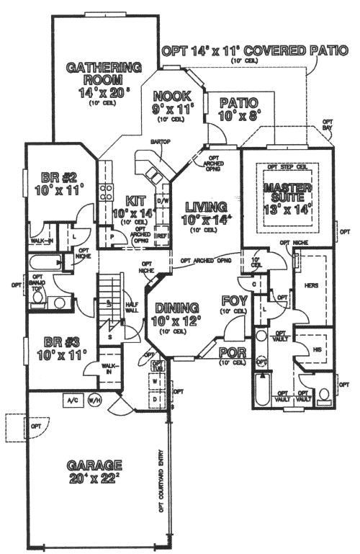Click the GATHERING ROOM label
coord(104,73)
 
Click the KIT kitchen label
coord(135,200)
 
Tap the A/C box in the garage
coord(72,398)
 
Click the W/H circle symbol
coord(94,398)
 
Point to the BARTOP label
coord(160,141)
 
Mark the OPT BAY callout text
coord(328,125)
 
